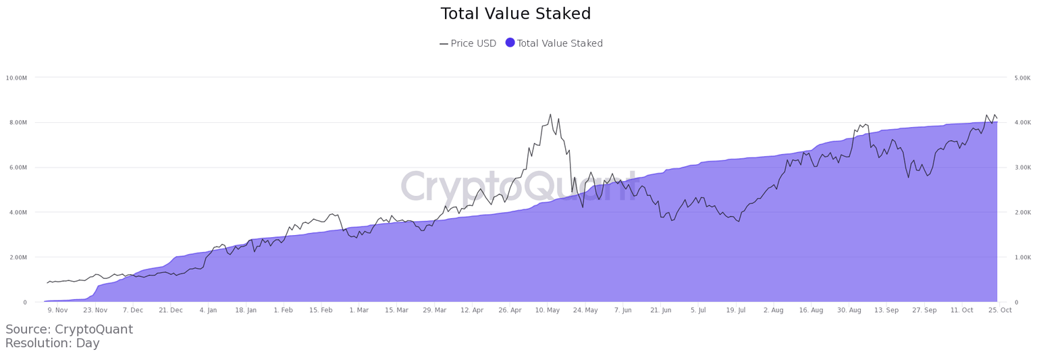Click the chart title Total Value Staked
pyautogui.click(x=516, y=14)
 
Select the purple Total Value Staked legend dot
pyautogui.click(x=510, y=43)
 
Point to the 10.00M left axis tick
pyautogui.click(x=16, y=78)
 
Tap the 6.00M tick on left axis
pyautogui.click(x=16, y=168)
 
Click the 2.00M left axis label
pyautogui.click(x=16, y=257)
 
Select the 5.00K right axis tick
pyautogui.click(x=1022, y=78)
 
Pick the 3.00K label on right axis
pyautogui.click(x=1022, y=168)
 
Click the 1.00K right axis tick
pyautogui.click(x=1022, y=257)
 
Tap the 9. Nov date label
pyautogui.click(x=57, y=310)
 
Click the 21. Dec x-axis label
pyautogui.click(x=171, y=310)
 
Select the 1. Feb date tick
pyautogui.click(x=283, y=310)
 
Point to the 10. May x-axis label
pyautogui.click(x=548, y=310)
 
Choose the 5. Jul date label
pyautogui.click(x=698, y=310)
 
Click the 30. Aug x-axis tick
pyautogui.click(x=849, y=310)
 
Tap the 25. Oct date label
pyautogui.click(x=1000, y=310)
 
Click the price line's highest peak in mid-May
pyautogui.click(x=550, y=114)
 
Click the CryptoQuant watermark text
pyautogui.click(x=519, y=187)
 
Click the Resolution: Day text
pyautogui.click(x=52, y=343)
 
